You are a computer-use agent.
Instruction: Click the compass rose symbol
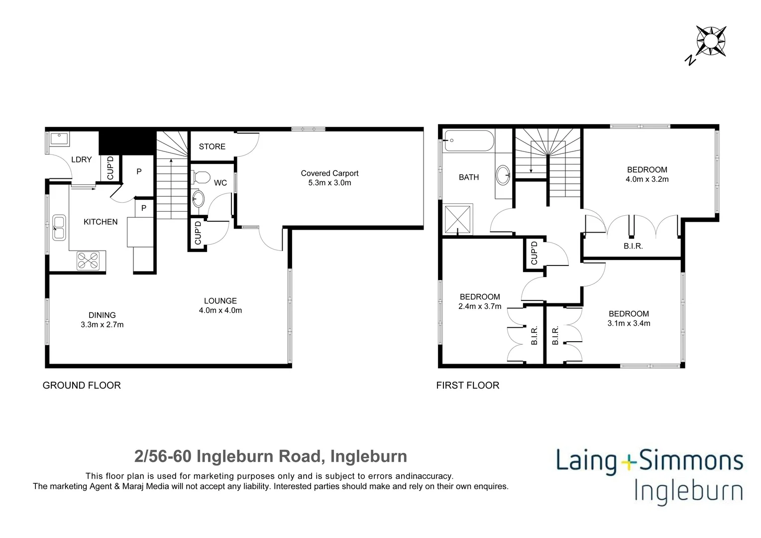711,41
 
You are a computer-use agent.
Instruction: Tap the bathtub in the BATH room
468,140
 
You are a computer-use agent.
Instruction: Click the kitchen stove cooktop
88,261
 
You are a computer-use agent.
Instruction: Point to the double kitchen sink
59,228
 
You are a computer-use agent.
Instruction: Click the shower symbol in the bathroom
457,219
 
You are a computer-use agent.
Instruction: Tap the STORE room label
212,146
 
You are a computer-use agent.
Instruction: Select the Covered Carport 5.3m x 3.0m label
329,178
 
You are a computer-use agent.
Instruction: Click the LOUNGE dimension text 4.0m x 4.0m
220,310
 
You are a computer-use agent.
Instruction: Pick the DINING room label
102,315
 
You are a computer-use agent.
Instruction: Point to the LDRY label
81,159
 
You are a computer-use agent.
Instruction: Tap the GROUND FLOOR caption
82,385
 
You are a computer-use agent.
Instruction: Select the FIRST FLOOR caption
467,385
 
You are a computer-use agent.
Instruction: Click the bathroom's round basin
503,175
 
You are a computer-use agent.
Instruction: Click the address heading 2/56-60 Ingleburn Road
271,456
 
